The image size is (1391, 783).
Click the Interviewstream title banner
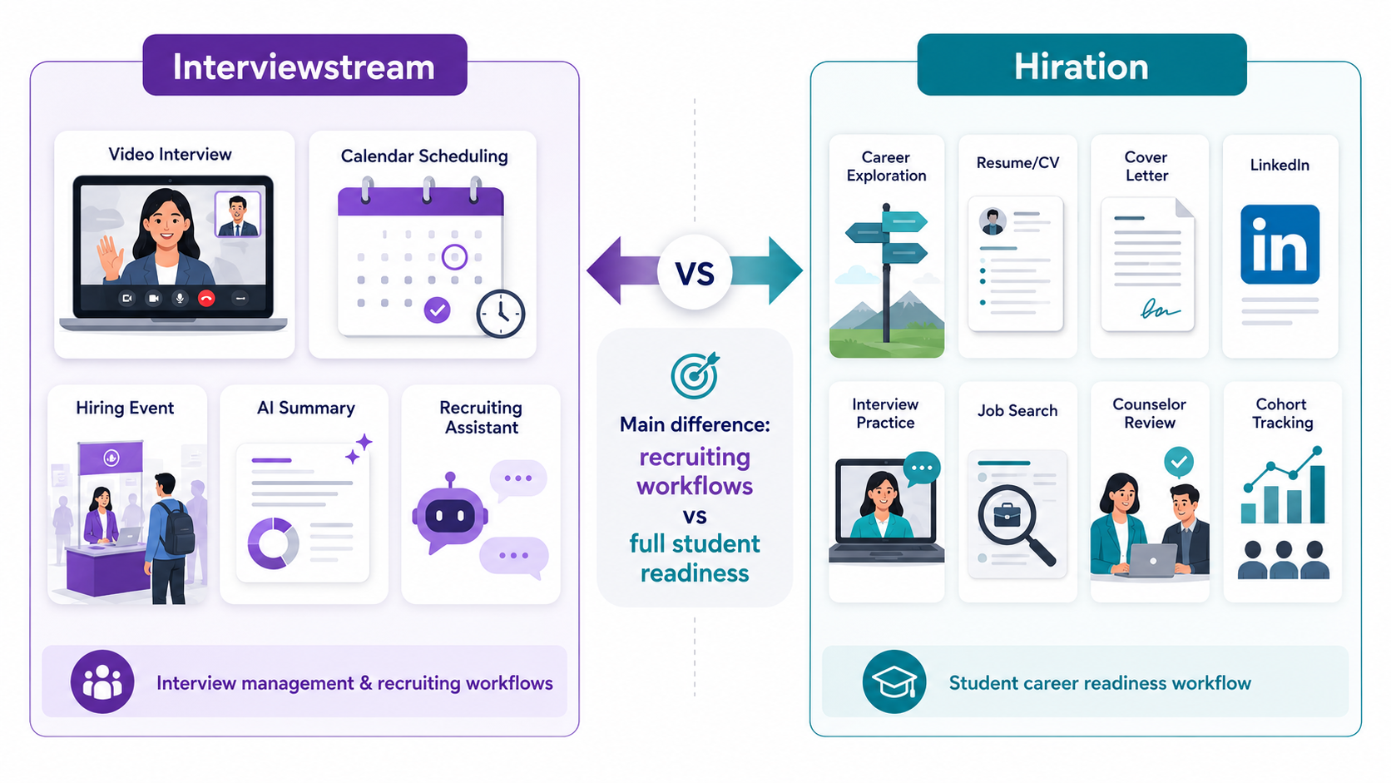[304, 65]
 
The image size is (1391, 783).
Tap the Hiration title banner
[1082, 65]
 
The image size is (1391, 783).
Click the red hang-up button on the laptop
[206, 299]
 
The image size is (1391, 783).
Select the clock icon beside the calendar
[501, 314]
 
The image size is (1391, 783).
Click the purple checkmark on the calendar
[437, 310]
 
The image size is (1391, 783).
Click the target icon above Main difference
[695, 375]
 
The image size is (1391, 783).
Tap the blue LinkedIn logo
[1280, 244]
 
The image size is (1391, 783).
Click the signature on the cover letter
[1158, 309]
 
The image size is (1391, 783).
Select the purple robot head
[450, 514]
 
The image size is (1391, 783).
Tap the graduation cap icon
[894, 682]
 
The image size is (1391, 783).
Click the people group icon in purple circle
[102, 681]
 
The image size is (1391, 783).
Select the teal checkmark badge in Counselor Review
[1179, 462]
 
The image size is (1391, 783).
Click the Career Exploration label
[886, 166]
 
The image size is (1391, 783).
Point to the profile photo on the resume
[993, 221]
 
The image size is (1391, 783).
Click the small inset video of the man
[237, 214]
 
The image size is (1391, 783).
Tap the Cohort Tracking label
[1282, 414]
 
